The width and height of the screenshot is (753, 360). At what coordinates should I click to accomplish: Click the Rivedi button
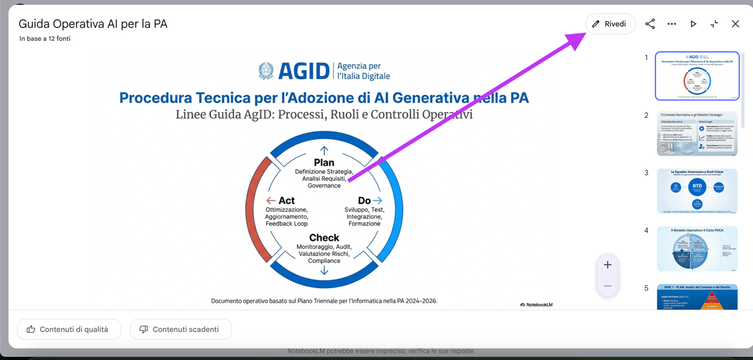610,24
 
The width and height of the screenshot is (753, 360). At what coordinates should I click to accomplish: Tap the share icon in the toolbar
650,24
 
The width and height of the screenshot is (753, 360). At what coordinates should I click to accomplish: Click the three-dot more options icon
671,24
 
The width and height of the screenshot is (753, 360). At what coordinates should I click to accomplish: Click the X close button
735,24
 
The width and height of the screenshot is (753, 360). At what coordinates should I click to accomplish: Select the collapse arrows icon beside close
714,24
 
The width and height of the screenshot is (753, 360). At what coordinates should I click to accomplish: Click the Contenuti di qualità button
69,329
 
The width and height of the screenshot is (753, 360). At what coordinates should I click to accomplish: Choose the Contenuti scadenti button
181,329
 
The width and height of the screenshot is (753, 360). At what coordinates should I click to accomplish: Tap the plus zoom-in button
607,265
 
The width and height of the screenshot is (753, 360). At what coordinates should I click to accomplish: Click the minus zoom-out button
607,286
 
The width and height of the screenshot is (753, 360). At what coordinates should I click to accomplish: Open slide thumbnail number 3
697,191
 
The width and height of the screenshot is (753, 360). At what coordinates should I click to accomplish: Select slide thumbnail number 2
697,133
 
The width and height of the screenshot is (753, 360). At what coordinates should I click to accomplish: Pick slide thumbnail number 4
697,249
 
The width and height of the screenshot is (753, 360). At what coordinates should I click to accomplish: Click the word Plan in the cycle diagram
324,162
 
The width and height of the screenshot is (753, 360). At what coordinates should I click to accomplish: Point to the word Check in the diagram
324,238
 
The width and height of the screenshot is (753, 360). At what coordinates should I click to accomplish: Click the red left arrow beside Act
271,201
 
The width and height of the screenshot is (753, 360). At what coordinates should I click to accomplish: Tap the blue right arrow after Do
378,201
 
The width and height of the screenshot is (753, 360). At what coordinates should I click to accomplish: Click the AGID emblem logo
266,71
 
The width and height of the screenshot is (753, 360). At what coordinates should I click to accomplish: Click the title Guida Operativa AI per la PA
93,24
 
